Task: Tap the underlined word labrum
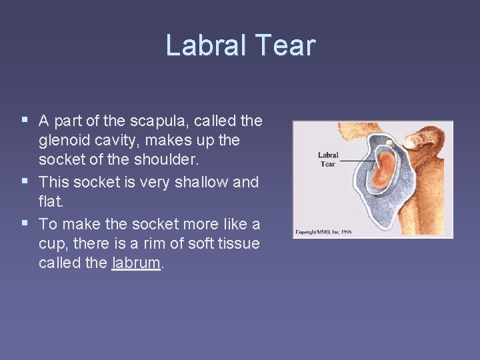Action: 137,263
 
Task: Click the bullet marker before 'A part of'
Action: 25,121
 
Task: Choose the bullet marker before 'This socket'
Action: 25,181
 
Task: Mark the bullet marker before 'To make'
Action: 25,222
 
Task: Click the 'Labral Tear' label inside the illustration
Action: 327,159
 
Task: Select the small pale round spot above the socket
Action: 389,142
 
